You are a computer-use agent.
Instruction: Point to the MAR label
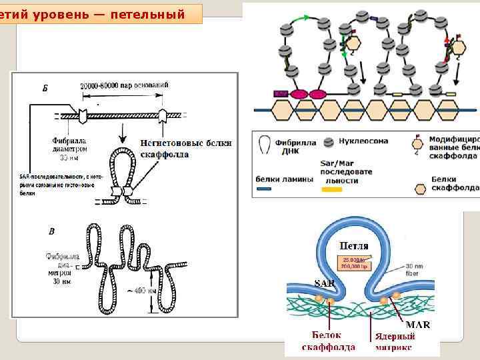(x=417, y=324)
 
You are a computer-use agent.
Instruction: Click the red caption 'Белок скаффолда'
(x=328, y=341)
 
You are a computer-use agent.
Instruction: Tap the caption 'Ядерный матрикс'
(x=394, y=341)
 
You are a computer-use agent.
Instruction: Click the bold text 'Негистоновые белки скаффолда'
(x=186, y=148)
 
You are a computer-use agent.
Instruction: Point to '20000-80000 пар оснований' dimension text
(x=124, y=85)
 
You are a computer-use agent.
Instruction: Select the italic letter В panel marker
(x=51, y=231)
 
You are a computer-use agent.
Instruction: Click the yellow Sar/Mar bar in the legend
(x=331, y=190)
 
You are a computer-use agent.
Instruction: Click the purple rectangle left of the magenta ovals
(x=280, y=94)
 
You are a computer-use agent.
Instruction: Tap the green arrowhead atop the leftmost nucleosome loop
(x=287, y=17)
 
